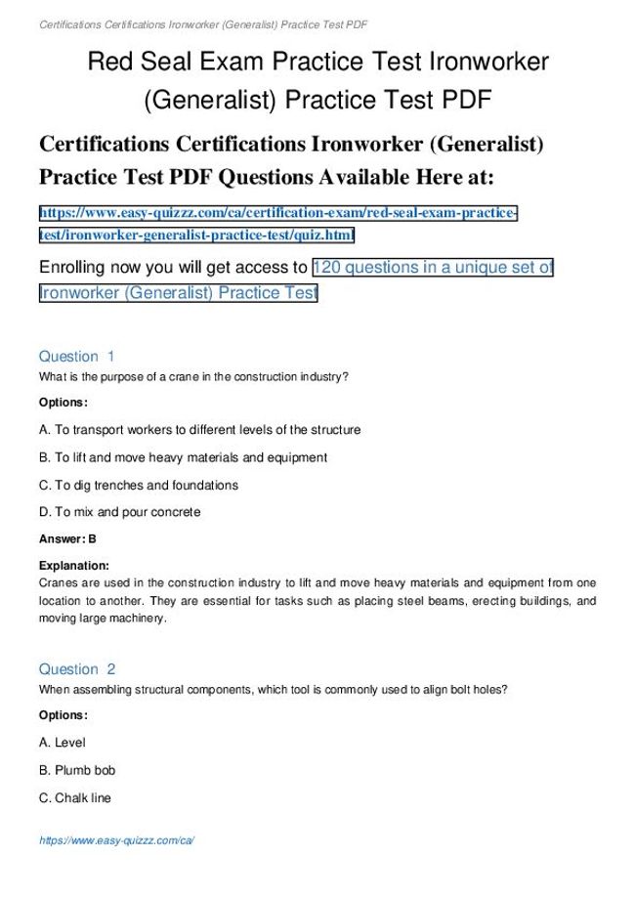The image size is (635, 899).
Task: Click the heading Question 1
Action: (76, 357)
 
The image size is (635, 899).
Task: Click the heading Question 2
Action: (76, 669)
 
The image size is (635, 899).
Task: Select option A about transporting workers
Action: (199, 430)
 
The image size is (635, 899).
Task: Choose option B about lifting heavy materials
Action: (183, 457)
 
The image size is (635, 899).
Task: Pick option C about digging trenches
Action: (138, 485)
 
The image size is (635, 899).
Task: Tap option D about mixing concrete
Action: (119, 512)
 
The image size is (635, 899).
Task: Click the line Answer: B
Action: (67, 539)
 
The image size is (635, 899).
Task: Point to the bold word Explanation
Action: (73, 565)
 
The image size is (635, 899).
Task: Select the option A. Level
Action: (62, 743)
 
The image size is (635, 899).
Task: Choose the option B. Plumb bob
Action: (77, 770)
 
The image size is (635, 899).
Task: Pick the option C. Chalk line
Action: (75, 797)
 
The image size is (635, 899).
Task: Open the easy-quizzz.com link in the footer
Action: (116, 840)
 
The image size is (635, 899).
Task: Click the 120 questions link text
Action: (433, 268)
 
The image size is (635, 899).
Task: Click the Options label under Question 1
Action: (63, 403)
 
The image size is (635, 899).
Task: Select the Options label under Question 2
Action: (63, 715)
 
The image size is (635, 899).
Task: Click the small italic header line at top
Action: (203, 24)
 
